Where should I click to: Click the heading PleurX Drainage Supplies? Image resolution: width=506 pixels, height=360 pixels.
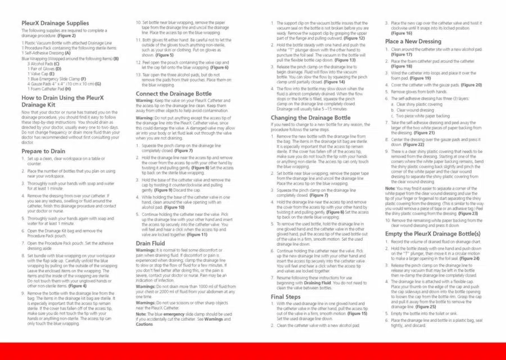point(55,23)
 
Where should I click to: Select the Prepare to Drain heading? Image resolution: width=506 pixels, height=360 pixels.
point(43,151)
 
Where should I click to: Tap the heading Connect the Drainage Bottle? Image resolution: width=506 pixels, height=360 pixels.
point(174,94)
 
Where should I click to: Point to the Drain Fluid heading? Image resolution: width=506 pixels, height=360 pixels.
point(150,244)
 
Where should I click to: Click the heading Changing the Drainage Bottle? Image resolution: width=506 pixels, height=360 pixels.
point(310,118)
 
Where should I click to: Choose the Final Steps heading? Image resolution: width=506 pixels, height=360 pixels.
point(286,296)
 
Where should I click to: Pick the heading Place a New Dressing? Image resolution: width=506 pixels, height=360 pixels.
point(413,42)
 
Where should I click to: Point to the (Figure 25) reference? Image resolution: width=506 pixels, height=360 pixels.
point(426,307)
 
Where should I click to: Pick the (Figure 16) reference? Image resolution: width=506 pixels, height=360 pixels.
point(401,33)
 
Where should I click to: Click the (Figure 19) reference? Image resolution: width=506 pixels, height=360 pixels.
point(420,78)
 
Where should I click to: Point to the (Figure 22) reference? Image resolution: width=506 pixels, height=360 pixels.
point(413,145)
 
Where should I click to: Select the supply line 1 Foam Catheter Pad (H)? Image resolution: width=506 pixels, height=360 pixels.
point(49,89)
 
